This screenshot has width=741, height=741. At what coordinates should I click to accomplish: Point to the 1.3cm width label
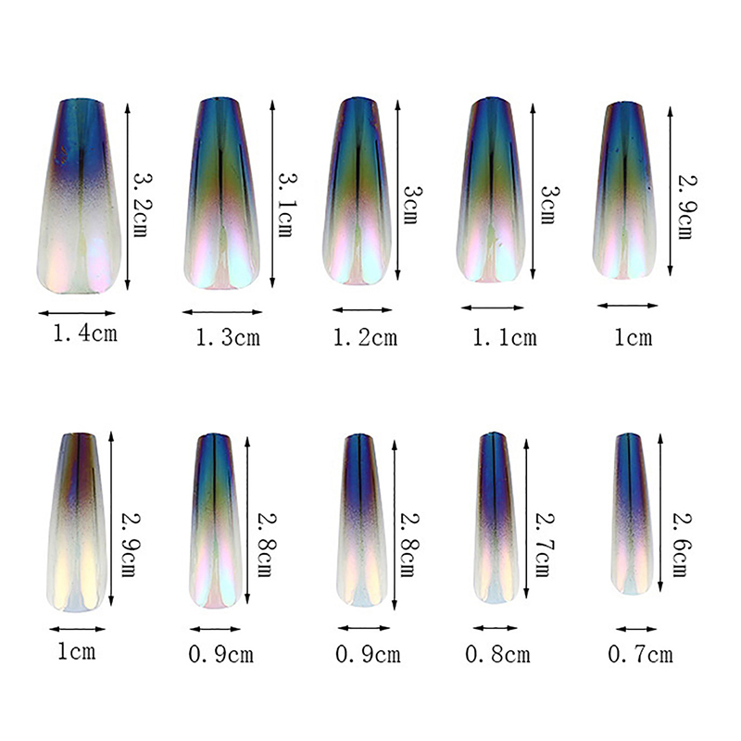click(228, 338)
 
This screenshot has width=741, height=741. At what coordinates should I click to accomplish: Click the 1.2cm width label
click(365, 337)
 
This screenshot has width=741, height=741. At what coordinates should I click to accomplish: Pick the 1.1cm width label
click(505, 337)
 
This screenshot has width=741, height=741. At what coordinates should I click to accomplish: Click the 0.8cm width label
click(498, 655)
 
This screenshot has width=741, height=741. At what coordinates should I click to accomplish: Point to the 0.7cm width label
click(640, 655)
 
